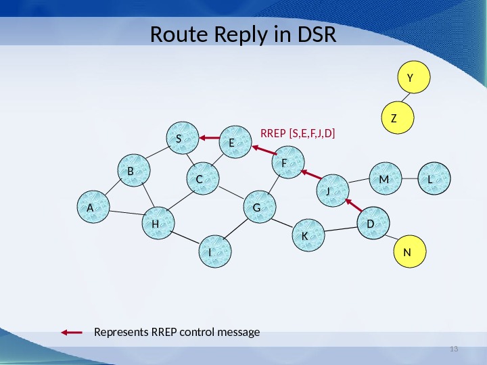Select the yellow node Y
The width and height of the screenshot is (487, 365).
410,78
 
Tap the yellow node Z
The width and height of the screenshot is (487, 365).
395,118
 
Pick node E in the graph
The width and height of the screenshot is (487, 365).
235,142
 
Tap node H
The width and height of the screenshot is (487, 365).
158,223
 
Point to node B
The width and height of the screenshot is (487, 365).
133,172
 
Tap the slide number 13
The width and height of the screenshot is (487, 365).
454,349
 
